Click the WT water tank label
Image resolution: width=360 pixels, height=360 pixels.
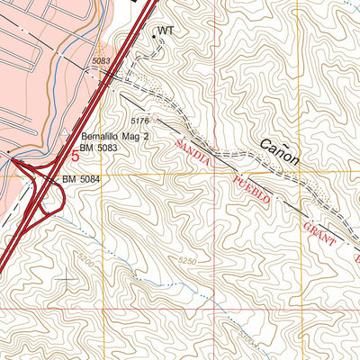tap(165, 31)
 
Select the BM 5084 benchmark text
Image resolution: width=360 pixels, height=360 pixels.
tap(82, 180)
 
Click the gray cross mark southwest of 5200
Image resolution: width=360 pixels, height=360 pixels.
tap(66, 279)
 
